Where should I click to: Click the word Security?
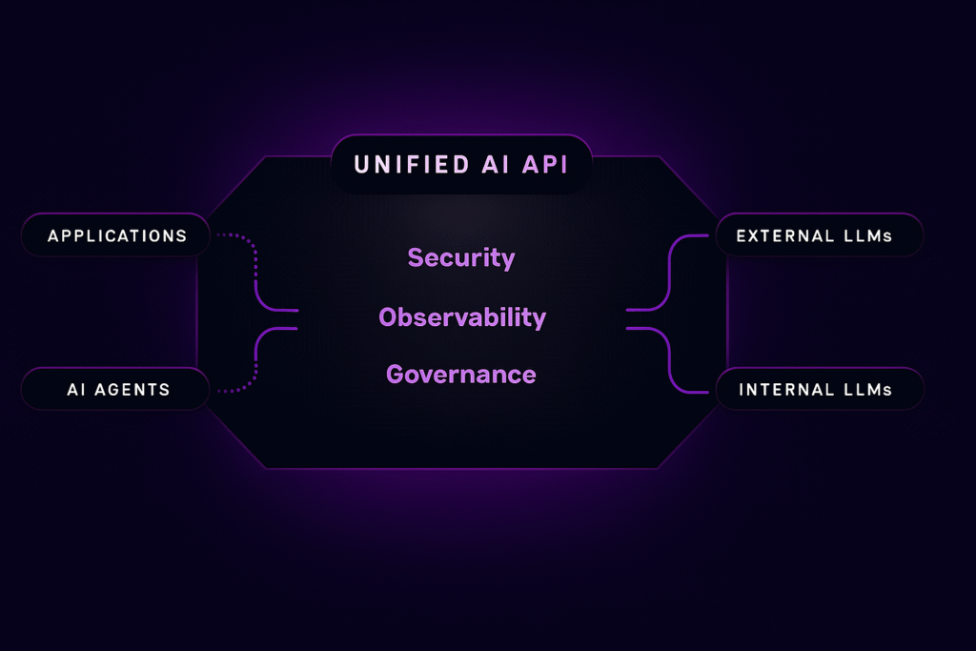click(x=461, y=257)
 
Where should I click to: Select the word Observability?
click(x=462, y=317)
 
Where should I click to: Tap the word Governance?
click(x=461, y=375)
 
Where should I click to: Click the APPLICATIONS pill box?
click(x=115, y=235)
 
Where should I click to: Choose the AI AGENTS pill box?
click(x=115, y=389)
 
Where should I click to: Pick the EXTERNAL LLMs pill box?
click(x=819, y=235)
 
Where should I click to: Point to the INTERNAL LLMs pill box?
click(x=820, y=389)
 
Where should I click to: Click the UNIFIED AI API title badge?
click(x=461, y=164)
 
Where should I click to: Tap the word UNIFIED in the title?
click(x=412, y=165)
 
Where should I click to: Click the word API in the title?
click(x=545, y=165)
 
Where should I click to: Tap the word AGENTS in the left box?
click(x=132, y=390)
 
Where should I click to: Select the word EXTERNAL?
click(x=785, y=235)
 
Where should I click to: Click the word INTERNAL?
click(x=786, y=390)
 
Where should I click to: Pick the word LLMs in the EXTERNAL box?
click(x=868, y=235)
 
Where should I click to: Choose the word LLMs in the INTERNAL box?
click(x=868, y=390)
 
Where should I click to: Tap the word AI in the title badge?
click(x=496, y=165)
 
